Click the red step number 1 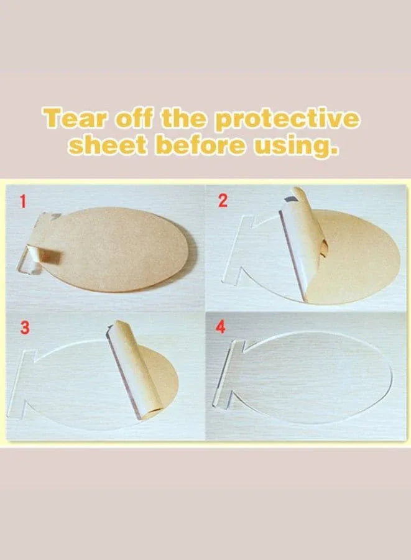[x=23, y=202]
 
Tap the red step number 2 [x=223, y=201]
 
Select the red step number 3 [x=24, y=328]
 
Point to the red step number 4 [x=221, y=327]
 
